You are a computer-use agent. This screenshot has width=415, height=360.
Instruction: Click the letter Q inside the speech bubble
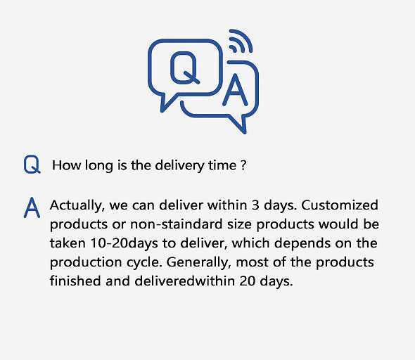coord(184,67)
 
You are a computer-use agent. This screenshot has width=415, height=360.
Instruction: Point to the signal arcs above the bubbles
coord(240,42)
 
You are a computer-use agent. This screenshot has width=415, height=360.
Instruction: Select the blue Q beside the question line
coord(32,165)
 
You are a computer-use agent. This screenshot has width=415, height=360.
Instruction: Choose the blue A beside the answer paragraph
coord(32,207)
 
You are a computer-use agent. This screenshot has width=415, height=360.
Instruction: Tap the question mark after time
coord(243,166)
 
